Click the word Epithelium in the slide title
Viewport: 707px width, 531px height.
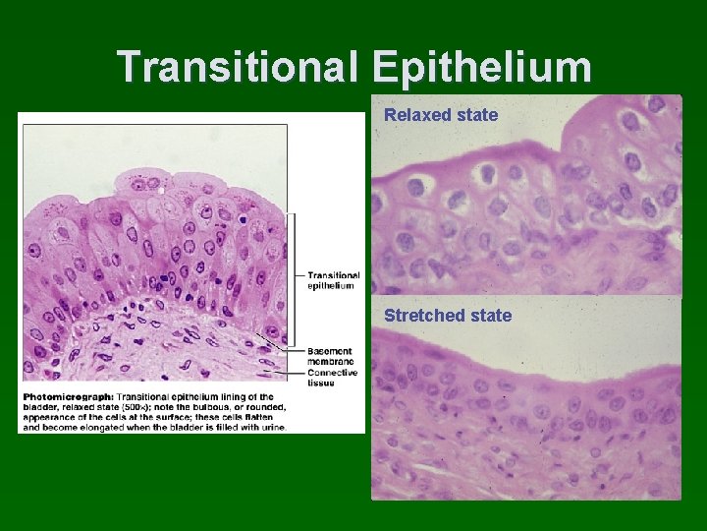click(482, 68)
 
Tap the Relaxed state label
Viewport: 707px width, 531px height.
click(441, 115)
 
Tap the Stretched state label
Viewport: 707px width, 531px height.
click(448, 316)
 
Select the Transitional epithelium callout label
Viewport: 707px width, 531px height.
click(333, 280)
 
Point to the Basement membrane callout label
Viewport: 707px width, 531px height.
click(330, 356)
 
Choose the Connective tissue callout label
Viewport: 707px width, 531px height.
click(332, 378)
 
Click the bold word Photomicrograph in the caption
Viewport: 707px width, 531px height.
click(66, 396)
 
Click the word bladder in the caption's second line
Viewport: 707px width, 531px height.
click(39, 407)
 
